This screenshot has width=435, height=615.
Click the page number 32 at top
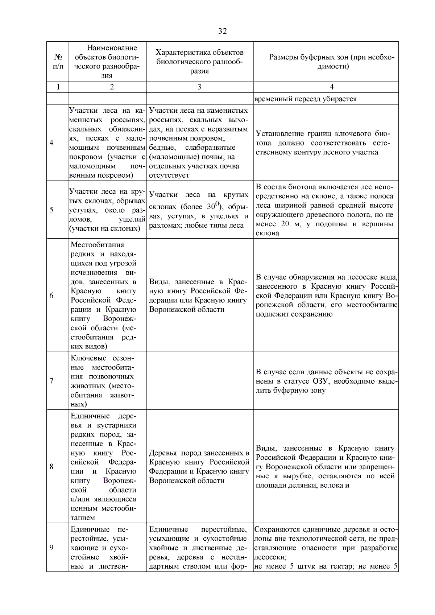[x=223, y=31]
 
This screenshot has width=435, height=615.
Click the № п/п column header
[x=58, y=62]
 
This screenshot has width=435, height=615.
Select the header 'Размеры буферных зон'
[x=331, y=62]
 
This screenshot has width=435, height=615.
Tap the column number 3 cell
[x=199, y=87]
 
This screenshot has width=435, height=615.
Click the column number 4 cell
[x=331, y=87]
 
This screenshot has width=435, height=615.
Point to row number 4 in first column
[x=52, y=143]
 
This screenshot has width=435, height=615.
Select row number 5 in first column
[x=52, y=210]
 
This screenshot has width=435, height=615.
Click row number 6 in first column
[x=52, y=296]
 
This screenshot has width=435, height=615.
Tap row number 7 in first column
[x=52, y=381]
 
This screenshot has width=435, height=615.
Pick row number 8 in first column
[x=52, y=467]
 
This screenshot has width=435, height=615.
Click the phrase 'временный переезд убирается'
[x=306, y=99]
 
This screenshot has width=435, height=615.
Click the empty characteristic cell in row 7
[x=199, y=381]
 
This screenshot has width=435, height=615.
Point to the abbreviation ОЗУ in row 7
[x=320, y=381]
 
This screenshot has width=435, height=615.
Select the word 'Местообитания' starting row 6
[x=97, y=245]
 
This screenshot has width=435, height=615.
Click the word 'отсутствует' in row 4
[x=169, y=176]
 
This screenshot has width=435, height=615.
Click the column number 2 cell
[x=112, y=87]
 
